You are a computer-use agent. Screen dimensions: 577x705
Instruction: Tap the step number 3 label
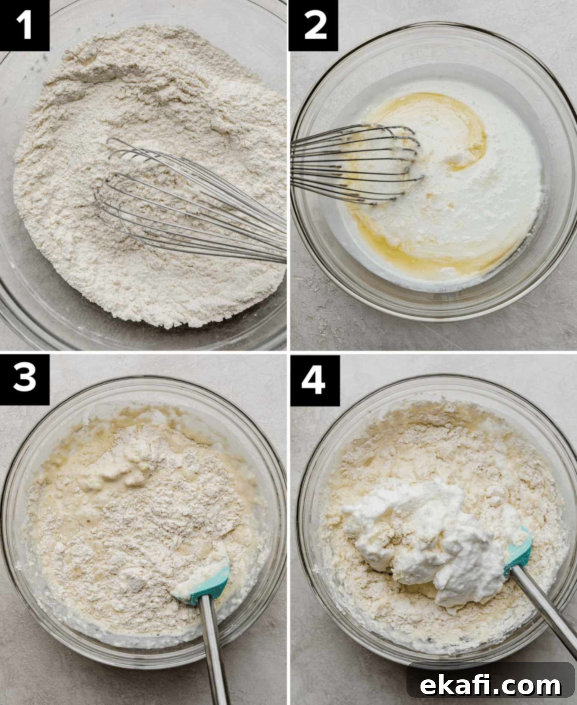tap(24, 379)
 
